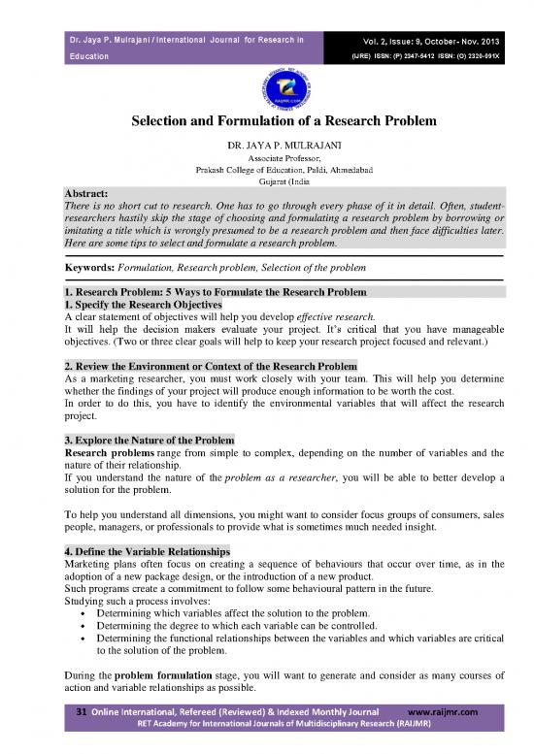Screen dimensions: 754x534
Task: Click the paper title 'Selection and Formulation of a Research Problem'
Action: click(x=267, y=124)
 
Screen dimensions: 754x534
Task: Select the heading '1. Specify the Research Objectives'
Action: click(x=150, y=304)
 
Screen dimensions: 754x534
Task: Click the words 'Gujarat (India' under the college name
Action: click(x=266, y=180)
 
